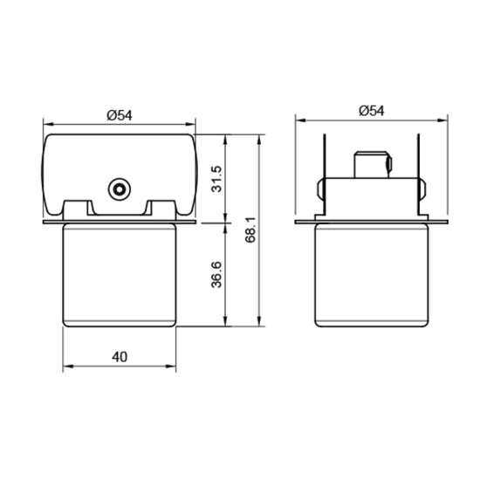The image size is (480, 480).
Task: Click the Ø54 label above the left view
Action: point(120,116)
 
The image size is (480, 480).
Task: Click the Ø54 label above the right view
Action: point(371,111)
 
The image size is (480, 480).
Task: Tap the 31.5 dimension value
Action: point(216,179)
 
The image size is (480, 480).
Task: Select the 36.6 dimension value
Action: point(216,275)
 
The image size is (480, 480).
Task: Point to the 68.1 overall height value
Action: point(250,230)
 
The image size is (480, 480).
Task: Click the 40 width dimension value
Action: point(120,357)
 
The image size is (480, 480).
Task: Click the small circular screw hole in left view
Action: point(120,189)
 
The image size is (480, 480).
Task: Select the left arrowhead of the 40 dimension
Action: point(68,367)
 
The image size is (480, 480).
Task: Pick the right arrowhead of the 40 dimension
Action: point(171,367)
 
